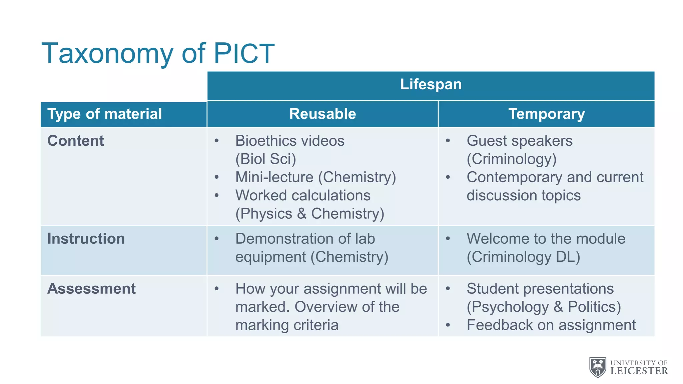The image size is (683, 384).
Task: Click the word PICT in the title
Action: click(244, 53)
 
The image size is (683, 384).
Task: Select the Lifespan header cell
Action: click(431, 84)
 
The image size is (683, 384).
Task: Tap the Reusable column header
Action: click(322, 114)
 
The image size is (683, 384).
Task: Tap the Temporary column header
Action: click(546, 114)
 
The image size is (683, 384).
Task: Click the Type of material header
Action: click(104, 114)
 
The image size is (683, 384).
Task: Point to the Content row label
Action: click(76, 141)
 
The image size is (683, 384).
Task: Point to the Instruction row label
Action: click(86, 239)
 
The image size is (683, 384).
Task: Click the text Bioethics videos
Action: click(289, 141)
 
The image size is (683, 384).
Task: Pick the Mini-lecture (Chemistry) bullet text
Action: click(315, 177)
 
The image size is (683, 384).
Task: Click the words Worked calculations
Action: click(303, 195)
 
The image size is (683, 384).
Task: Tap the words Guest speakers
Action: click(519, 141)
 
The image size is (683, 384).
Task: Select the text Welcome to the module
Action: click(546, 239)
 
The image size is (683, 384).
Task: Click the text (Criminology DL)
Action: click(523, 257)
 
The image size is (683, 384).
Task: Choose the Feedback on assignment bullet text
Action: click(551, 325)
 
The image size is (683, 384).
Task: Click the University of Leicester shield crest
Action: click(598, 367)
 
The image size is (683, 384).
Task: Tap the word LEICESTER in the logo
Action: click(639, 371)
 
